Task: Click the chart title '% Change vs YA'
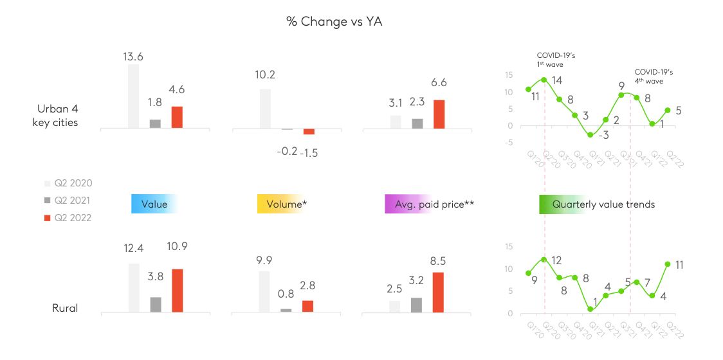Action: click(334, 21)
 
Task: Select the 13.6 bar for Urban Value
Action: click(133, 96)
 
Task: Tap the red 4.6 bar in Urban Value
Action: click(177, 118)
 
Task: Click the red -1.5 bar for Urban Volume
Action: click(309, 132)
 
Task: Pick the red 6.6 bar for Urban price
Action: click(439, 114)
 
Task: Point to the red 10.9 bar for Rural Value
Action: click(178, 291)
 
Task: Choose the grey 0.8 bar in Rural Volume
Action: click(286, 310)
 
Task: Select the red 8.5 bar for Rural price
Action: click(439, 292)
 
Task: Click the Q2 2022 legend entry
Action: click(68, 218)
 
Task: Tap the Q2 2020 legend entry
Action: click(68, 183)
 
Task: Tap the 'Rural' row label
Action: click(65, 309)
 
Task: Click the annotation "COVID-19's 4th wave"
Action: click(654, 76)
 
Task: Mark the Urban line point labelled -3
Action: click(590, 134)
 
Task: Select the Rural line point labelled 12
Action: click(544, 259)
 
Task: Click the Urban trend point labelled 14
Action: click(544, 80)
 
